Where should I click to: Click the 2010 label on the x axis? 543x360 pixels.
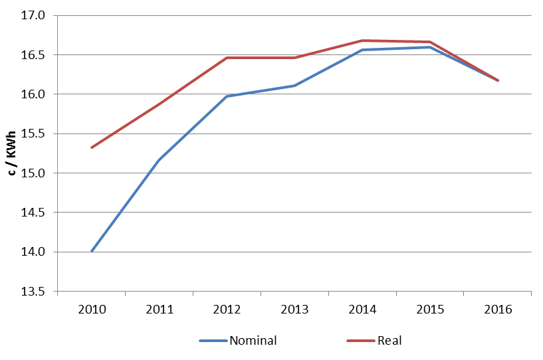[x=91, y=309]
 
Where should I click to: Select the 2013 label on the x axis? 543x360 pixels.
[x=294, y=309]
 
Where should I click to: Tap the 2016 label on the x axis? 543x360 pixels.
[x=498, y=309]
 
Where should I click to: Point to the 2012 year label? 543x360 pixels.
[x=227, y=309]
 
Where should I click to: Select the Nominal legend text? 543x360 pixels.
[x=253, y=341]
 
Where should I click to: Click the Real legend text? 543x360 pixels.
[x=389, y=341]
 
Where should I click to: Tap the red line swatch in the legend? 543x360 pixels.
[x=360, y=341]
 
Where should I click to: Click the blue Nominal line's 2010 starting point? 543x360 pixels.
[x=91, y=251]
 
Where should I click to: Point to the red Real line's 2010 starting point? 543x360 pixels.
[x=91, y=147]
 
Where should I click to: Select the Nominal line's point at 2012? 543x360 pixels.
[x=227, y=96]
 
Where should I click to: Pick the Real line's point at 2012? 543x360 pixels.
[x=227, y=58]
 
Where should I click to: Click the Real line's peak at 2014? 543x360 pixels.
[x=362, y=41]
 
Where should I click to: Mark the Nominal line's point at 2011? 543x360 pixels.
[x=159, y=160]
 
